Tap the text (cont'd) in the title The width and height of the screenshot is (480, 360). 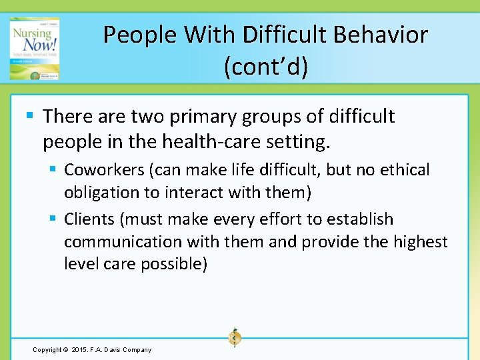tap(266, 67)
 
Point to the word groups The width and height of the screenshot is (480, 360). tap(279, 117)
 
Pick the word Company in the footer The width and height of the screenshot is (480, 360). tap(137, 349)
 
